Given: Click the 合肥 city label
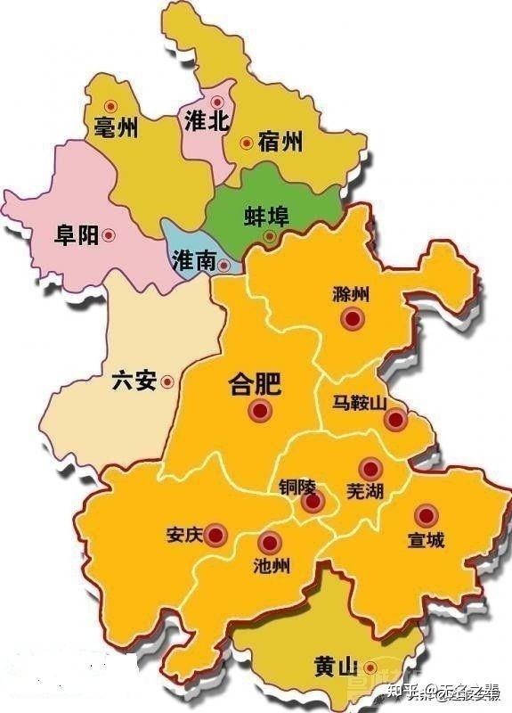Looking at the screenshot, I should [x=255, y=384].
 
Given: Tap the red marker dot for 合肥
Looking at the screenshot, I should [x=261, y=411].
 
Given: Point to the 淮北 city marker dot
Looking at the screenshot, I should [x=217, y=101].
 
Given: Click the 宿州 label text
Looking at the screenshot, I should [x=280, y=142].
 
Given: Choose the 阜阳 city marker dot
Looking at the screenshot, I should [x=109, y=235].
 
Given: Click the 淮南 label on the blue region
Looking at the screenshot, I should [x=194, y=261].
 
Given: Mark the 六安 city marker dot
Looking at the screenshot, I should [x=167, y=381].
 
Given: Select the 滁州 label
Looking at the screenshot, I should [x=349, y=295].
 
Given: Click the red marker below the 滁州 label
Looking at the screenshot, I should [x=354, y=318].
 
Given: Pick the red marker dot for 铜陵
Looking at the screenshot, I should [x=311, y=503].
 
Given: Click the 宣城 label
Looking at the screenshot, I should [x=426, y=540].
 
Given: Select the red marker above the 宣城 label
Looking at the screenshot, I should [x=427, y=515].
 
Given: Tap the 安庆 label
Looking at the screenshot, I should [x=184, y=536].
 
